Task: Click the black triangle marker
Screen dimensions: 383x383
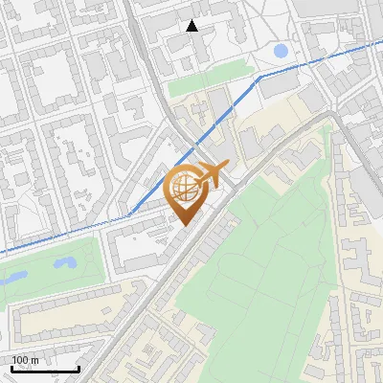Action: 192,26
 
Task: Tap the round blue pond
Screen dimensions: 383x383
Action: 281,51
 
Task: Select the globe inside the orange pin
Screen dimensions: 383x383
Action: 185,189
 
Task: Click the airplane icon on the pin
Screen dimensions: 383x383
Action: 213,174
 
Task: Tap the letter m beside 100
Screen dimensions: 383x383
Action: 35,360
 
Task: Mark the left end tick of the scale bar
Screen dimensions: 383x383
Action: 11,369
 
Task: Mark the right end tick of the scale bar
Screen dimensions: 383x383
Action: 79,369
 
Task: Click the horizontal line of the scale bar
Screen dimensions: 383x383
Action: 45,370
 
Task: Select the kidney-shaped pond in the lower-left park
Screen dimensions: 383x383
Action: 64,260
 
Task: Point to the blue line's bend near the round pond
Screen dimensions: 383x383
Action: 259,77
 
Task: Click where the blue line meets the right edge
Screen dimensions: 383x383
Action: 381,44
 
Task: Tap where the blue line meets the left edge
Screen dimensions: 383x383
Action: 2,254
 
